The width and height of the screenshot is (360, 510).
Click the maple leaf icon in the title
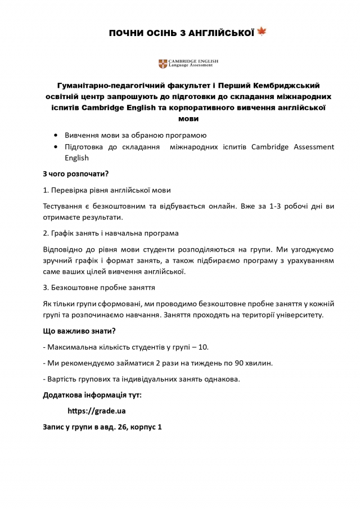[262, 32]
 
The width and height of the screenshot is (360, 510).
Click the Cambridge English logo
[188, 64]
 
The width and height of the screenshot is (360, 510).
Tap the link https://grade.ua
[96, 411]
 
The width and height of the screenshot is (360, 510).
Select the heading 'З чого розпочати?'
[75, 173]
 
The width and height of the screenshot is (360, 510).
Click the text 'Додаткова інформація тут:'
[92, 395]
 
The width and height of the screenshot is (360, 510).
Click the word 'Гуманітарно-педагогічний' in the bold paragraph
[107, 86]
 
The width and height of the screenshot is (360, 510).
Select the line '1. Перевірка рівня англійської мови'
[107, 190]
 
